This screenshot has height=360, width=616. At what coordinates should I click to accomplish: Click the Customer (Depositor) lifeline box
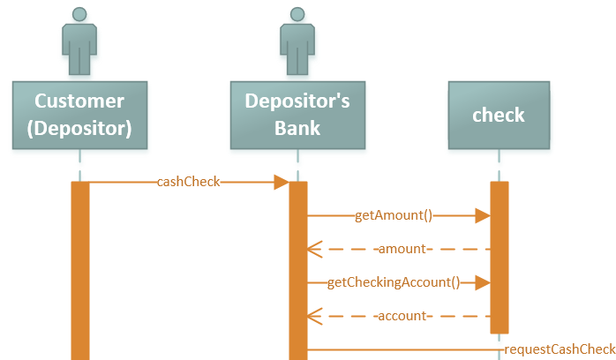pos(79,115)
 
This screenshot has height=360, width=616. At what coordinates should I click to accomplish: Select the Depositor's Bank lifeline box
pos(297,115)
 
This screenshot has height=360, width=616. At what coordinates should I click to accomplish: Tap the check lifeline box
pos(499,115)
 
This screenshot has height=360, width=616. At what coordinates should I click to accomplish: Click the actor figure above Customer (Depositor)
pos(79,41)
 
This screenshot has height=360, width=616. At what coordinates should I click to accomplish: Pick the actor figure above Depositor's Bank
pos(297,41)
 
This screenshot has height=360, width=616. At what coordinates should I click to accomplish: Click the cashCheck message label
pos(188,182)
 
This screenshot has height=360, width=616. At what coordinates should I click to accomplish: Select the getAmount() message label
pos(394,214)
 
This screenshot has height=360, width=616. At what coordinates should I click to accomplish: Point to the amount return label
pos(401,249)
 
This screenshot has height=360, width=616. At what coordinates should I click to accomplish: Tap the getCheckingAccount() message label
pos(394,282)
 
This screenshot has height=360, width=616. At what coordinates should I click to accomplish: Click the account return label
pos(401,316)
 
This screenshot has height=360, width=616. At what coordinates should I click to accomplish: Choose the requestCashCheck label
pos(560,349)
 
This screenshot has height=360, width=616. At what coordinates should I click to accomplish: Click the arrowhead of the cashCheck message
pos(282,182)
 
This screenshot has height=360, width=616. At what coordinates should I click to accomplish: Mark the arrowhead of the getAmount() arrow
pos(482,214)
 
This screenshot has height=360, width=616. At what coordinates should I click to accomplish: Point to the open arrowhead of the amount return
pos(313,249)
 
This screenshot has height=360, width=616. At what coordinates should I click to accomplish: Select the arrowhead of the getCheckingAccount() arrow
pos(482,282)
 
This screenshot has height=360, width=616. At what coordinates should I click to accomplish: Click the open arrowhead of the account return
pos(313,316)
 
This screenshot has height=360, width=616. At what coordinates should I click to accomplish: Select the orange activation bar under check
pos(500,256)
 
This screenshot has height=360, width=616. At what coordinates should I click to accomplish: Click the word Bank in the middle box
pos(297,129)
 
